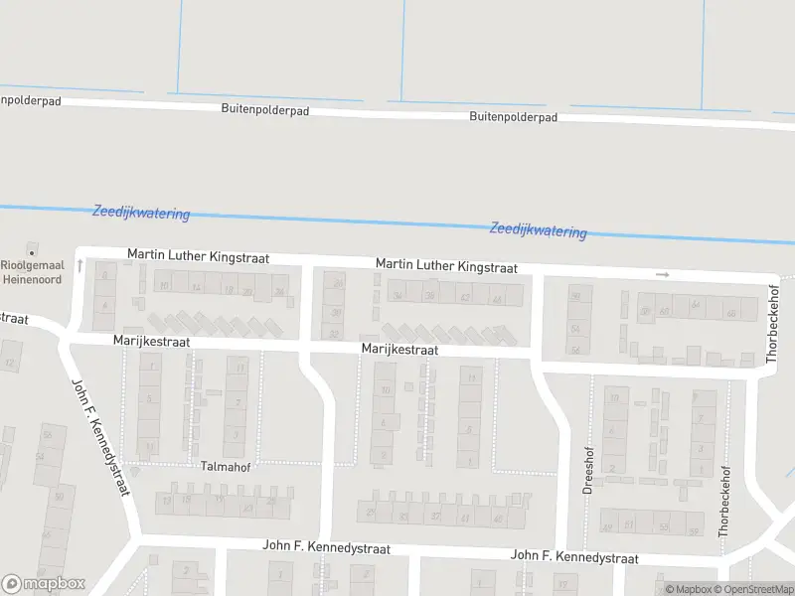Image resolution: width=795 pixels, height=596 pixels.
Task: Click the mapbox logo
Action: pos(44,584)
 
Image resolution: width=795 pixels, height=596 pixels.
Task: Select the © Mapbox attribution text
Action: pos(689,590)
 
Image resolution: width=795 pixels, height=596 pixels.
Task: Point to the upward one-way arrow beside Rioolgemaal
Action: pos(79,266)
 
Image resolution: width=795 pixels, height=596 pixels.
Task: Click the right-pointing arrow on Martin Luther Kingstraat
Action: pos(663,274)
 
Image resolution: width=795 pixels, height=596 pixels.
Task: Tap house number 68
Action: pos(731,314)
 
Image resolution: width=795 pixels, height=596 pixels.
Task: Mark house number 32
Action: pos(335,333)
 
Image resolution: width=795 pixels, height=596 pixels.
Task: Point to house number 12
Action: pos(10,362)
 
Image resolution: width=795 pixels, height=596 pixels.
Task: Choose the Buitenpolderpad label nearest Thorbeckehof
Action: pos(513,116)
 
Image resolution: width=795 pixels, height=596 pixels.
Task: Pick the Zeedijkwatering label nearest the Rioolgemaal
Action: pos(141,213)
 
